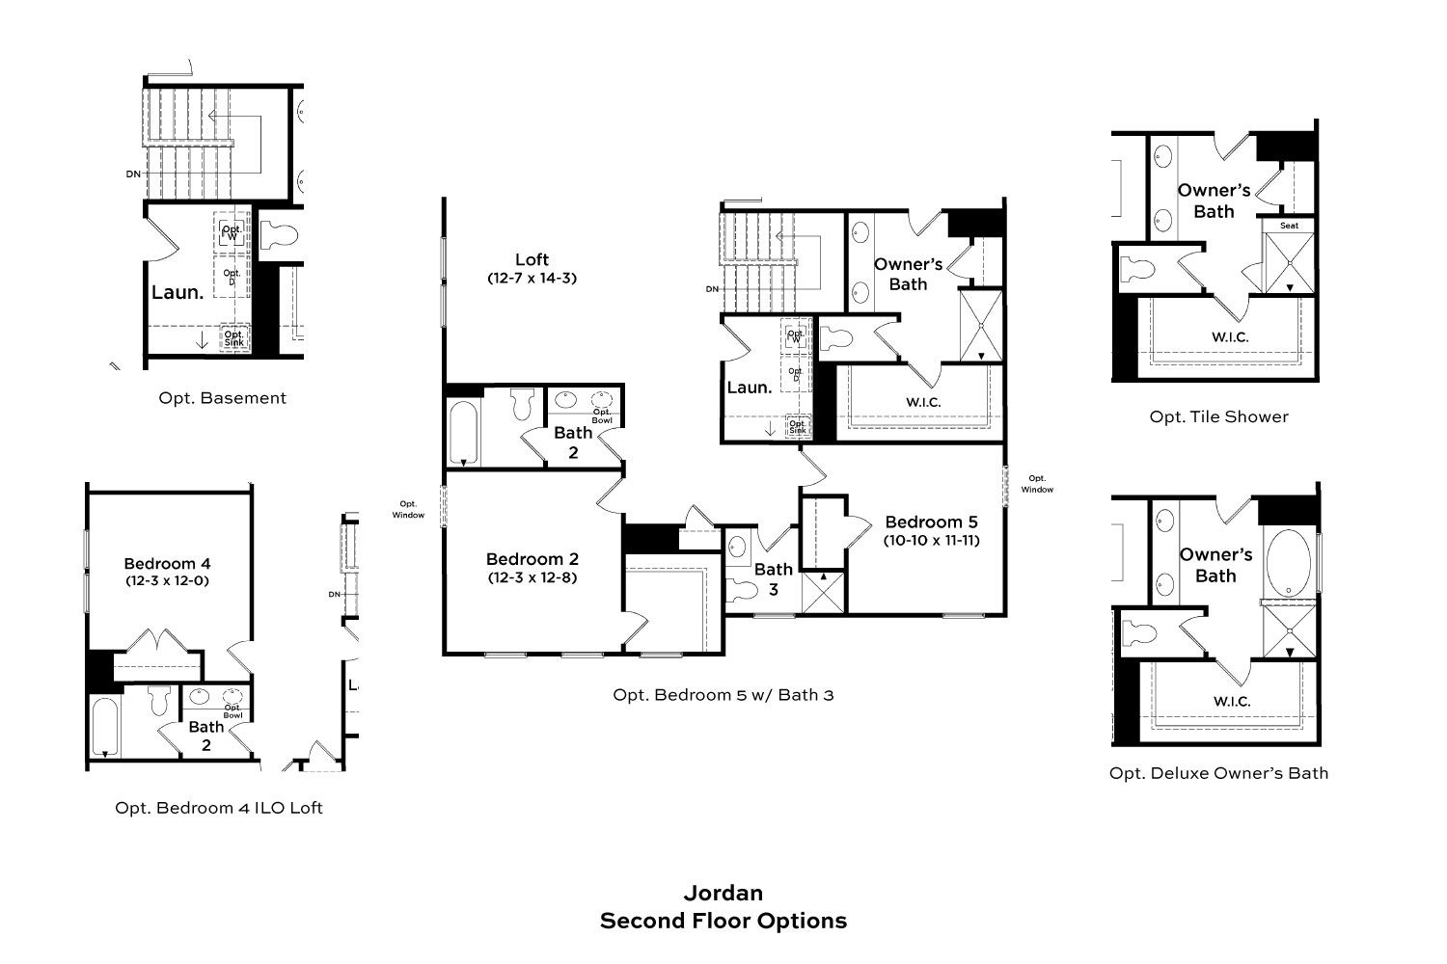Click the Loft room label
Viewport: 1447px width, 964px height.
(x=532, y=259)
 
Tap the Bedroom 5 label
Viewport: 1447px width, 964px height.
(x=931, y=522)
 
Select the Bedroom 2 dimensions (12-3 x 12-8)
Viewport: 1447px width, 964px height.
(x=532, y=577)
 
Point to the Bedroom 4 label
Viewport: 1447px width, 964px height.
(x=167, y=564)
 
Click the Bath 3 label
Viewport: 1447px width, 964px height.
(x=774, y=579)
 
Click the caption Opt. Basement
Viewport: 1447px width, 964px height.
(x=222, y=398)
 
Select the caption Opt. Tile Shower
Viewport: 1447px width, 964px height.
(x=1219, y=417)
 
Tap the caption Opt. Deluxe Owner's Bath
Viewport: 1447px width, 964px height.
(x=1219, y=773)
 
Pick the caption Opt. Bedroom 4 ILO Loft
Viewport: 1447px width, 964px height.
(x=218, y=808)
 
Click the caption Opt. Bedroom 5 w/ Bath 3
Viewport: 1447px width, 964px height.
(x=723, y=695)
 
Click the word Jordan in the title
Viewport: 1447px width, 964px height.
(x=723, y=893)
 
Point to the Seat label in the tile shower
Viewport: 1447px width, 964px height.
(x=1290, y=226)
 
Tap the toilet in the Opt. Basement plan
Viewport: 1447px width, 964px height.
(x=279, y=235)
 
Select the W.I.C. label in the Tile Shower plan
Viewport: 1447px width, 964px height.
(x=1230, y=337)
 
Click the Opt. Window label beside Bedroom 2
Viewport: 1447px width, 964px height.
(x=408, y=509)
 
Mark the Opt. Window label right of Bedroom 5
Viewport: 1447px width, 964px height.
(x=1037, y=484)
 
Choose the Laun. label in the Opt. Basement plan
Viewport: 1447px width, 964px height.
(x=177, y=292)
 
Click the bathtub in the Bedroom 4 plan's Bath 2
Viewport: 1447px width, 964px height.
(x=104, y=727)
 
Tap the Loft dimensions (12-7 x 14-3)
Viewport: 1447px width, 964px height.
(x=532, y=279)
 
